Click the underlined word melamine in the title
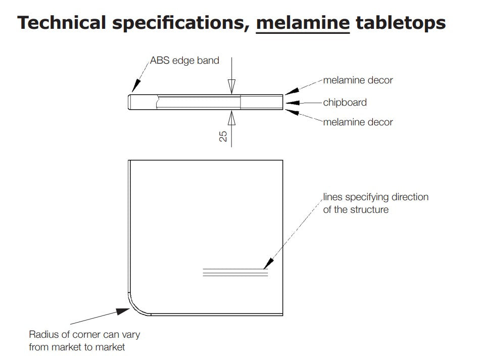click(303, 22)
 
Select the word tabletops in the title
click(401, 22)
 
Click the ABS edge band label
click(184, 61)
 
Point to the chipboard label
click(345, 102)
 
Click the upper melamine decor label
click(358, 80)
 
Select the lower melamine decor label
click(358, 122)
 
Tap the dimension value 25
click(223, 135)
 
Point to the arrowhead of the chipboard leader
click(290, 103)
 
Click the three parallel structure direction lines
click(234, 272)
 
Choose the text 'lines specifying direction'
click(375, 197)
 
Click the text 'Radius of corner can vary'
click(84, 335)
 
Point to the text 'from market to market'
click(77, 347)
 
